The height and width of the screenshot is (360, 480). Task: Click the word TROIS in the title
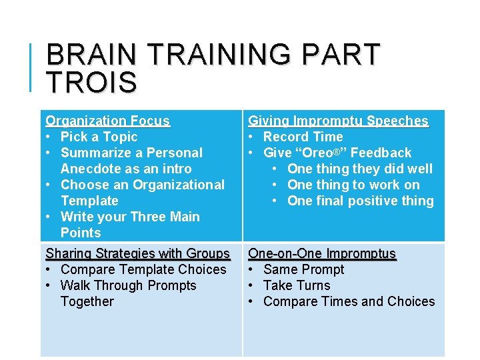click(x=91, y=83)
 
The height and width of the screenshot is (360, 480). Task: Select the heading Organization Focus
click(x=107, y=121)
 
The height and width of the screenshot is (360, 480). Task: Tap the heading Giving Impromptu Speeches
click(x=338, y=121)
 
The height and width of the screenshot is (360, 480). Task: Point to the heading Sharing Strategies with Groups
click(x=137, y=253)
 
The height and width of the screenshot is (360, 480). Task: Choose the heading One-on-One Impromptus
click(x=322, y=253)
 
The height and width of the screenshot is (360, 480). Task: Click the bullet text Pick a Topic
click(x=99, y=137)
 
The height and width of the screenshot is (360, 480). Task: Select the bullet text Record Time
click(x=303, y=137)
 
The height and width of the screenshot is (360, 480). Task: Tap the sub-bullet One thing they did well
click(x=359, y=169)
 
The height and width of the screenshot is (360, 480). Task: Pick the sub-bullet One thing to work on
click(x=353, y=185)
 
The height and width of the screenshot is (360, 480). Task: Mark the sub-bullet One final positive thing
click(x=360, y=201)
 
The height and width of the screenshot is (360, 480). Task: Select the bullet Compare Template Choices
click(x=143, y=269)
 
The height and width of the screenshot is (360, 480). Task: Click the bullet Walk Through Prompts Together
click(x=128, y=286)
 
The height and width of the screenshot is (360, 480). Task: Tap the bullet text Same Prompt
click(x=303, y=269)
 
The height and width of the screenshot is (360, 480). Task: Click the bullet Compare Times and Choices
click(x=349, y=301)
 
